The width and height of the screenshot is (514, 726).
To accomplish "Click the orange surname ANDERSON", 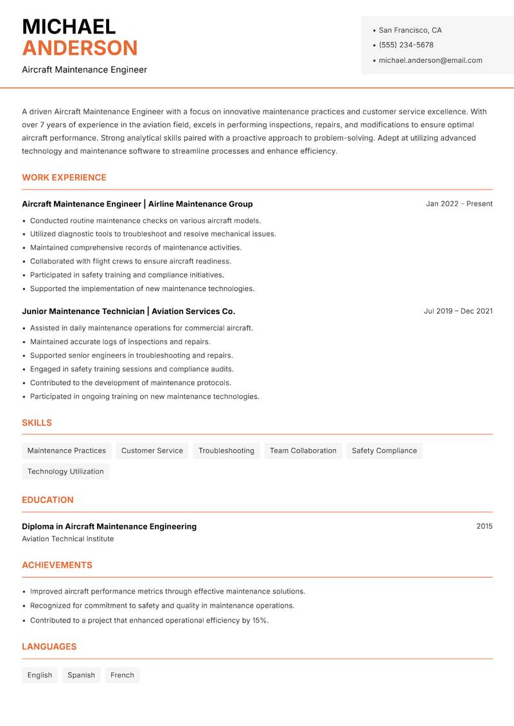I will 80,48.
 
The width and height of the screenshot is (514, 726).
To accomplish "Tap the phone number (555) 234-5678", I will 406,45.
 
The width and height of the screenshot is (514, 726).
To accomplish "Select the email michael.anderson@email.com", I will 430,60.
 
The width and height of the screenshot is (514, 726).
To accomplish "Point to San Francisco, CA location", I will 410,30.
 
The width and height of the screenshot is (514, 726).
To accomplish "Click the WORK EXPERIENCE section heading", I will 64,177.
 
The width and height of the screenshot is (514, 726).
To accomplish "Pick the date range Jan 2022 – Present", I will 459,204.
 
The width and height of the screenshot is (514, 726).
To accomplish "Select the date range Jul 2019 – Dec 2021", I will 458,311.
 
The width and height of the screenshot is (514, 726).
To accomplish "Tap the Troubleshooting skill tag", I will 226,450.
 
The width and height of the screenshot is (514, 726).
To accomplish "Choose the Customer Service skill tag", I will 152,450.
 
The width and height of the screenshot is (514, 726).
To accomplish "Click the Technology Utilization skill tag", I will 66,471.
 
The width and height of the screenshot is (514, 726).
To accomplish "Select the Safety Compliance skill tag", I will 384,450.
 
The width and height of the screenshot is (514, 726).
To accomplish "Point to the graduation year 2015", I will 484,526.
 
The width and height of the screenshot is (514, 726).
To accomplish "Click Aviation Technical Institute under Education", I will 67,539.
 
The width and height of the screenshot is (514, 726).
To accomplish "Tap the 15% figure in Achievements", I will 260,621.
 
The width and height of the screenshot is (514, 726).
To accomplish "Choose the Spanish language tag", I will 81,675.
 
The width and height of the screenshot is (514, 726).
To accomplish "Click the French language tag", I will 122,675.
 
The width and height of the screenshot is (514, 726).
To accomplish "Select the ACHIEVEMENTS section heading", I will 57,565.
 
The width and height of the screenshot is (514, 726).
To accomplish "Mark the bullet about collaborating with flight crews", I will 130,261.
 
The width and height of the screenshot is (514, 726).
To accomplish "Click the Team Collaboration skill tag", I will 303,450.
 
